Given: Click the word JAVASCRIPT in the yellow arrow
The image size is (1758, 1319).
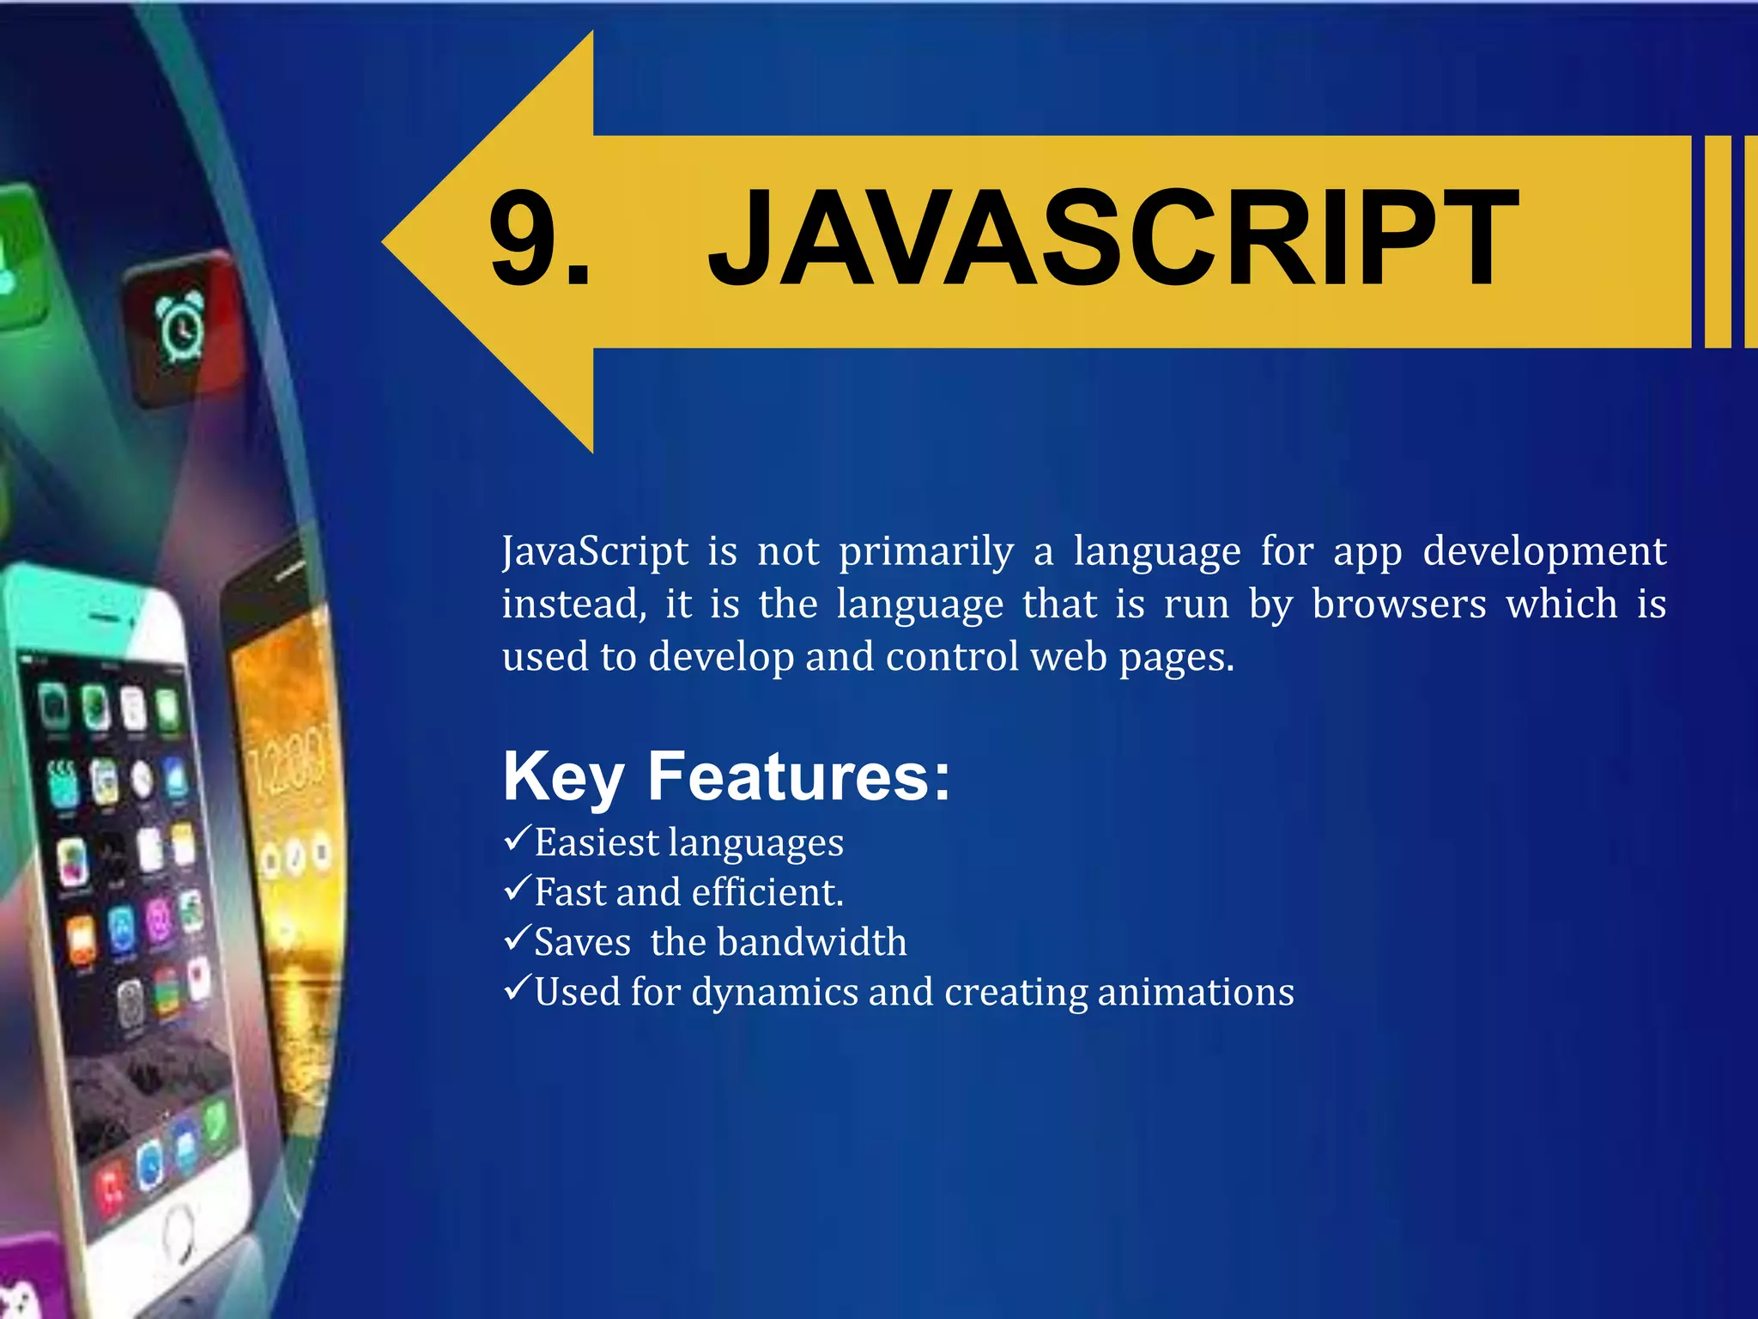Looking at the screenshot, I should (x=1112, y=240).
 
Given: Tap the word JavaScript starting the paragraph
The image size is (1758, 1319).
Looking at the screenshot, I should (x=595, y=551).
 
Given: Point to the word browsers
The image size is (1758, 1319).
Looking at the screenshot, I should (x=1398, y=604).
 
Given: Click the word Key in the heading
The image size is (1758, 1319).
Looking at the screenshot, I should (x=562, y=778).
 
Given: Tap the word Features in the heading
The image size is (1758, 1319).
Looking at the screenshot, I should (x=799, y=776).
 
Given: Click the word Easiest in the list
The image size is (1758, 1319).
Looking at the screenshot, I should (x=597, y=842).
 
